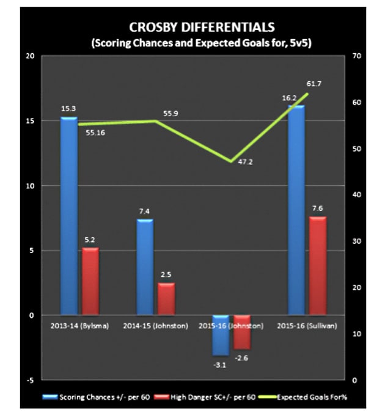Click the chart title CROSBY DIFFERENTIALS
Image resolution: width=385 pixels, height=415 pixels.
(193, 28)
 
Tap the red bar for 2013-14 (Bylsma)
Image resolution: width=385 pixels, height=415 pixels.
(90, 281)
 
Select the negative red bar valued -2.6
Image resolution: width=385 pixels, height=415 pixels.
(242, 332)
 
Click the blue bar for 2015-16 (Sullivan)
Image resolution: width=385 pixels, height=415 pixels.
(296, 210)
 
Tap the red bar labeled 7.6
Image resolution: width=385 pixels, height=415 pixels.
(318, 266)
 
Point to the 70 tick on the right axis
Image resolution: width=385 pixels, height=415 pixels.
(358, 56)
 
